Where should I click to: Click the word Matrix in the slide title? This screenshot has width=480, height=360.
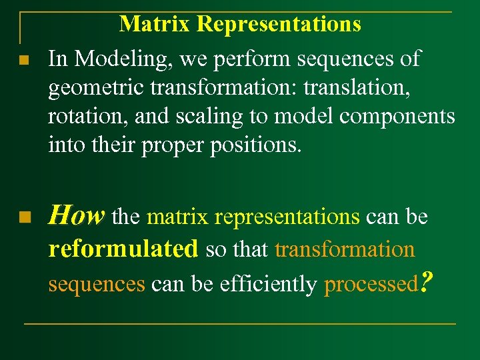point(155,24)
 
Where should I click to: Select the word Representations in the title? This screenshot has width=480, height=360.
point(279,24)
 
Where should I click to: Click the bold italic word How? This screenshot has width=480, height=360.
point(77,216)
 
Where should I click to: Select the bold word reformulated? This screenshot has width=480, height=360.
point(123,249)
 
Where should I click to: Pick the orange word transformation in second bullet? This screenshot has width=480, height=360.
point(345,249)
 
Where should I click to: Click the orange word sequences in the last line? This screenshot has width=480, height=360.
point(97,285)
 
